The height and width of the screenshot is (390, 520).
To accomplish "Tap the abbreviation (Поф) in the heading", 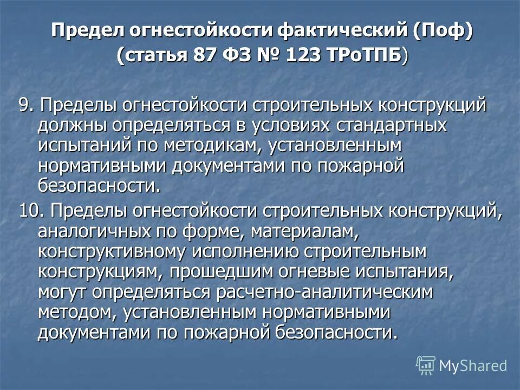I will (443, 31).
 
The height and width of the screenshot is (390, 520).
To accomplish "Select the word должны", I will (73, 125).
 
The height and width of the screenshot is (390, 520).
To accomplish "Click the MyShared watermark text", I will (473, 366).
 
